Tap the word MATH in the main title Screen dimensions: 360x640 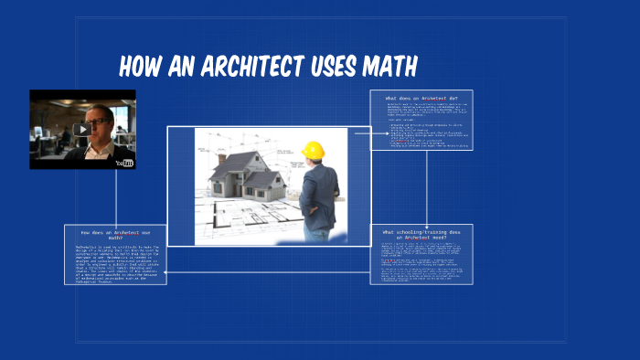point(386,67)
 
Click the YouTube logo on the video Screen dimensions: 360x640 point(124,163)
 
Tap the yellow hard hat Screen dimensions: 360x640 point(314,150)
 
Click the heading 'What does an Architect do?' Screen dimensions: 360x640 point(421,98)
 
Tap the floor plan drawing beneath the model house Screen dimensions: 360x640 point(238,219)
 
